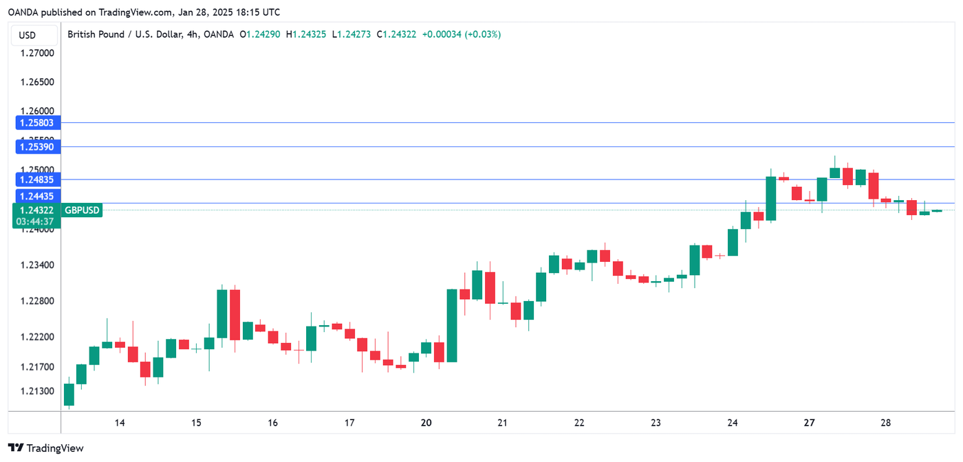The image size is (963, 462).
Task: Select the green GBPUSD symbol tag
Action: click(82, 210)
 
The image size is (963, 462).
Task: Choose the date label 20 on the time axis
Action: click(426, 423)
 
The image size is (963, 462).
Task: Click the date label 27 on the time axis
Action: click(810, 423)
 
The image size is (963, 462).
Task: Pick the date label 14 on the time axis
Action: click(120, 423)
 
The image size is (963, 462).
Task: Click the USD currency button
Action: click(28, 35)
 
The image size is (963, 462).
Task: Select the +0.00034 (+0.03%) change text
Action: click(462, 34)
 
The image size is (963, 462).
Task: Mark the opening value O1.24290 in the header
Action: click(259, 34)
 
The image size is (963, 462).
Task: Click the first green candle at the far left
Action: click(69, 395)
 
